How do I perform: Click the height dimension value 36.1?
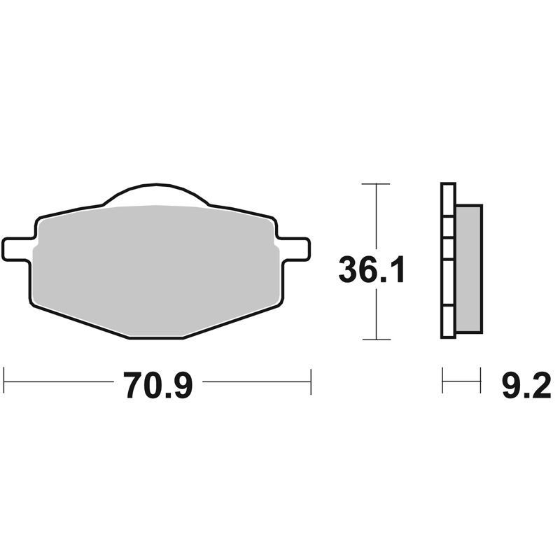click(x=372, y=270)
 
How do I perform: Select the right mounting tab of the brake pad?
click(x=294, y=247)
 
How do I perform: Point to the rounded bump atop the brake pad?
click(x=155, y=195)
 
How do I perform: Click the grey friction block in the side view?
click(x=468, y=269)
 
